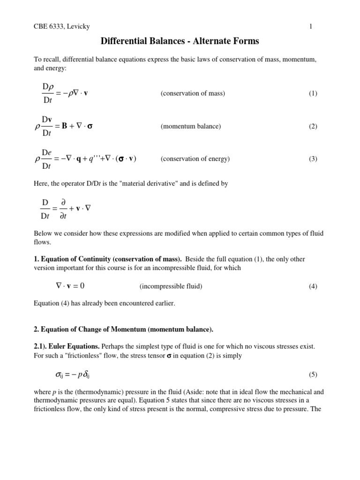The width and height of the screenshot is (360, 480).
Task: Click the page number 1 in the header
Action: tap(311, 27)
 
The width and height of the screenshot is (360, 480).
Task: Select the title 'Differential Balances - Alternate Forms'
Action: tap(180, 42)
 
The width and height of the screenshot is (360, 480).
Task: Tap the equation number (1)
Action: tap(313, 93)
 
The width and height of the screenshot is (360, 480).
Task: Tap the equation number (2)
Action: tap(313, 126)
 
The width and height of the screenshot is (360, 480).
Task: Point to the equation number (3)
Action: tap(313, 159)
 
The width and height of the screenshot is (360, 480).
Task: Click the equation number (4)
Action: tap(313, 286)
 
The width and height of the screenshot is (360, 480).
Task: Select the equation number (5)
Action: tap(313, 374)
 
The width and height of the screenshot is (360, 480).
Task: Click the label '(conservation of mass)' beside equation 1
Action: tap(193, 93)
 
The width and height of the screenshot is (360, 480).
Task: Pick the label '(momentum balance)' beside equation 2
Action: tap(190, 126)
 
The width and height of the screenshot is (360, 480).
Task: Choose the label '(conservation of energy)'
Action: tap(195, 159)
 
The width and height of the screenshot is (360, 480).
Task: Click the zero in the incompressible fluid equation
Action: tap(82, 286)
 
